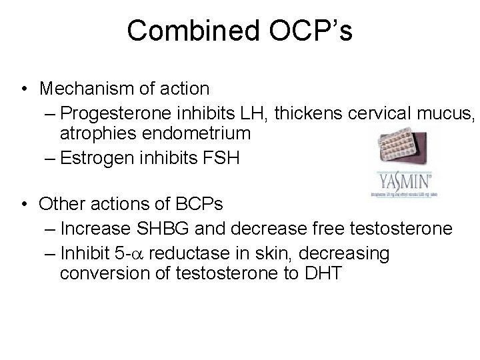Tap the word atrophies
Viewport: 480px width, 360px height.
click(x=95, y=133)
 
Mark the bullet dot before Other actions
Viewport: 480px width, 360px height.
click(x=25, y=202)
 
